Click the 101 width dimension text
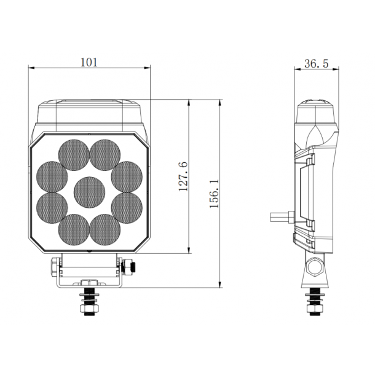click(x=89, y=62)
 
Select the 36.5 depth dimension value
click(x=316, y=63)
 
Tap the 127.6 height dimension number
click(x=183, y=176)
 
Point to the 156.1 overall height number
click(x=215, y=194)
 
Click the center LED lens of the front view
click(x=89, y=191)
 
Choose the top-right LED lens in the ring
click(x=105, y=154)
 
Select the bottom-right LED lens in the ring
click(x=105, y=229)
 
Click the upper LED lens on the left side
click(x=52, y=176)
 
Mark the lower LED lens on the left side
click(x=52, y=208)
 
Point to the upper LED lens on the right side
click(x=127, y=176)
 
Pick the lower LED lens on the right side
click(x=127, y=208)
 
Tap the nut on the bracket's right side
click(x=130, y=266)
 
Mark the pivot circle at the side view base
click(x=315, y=266)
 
